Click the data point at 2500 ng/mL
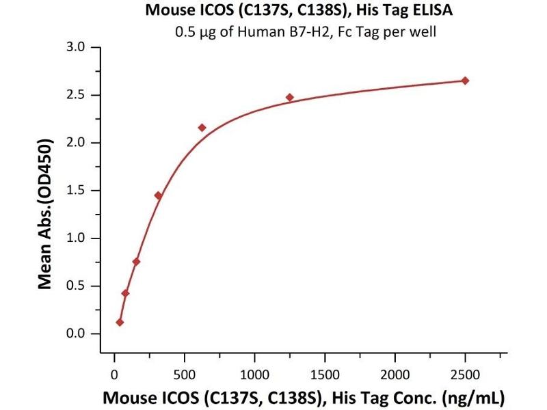click(465, 81)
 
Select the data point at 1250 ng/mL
click(290, 97)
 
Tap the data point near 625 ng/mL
click(202, 128)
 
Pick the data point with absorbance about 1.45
click(158, 195)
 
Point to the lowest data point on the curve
click(120, 322)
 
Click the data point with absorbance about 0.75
click(136, 262)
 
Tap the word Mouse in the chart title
click(166, 11)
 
